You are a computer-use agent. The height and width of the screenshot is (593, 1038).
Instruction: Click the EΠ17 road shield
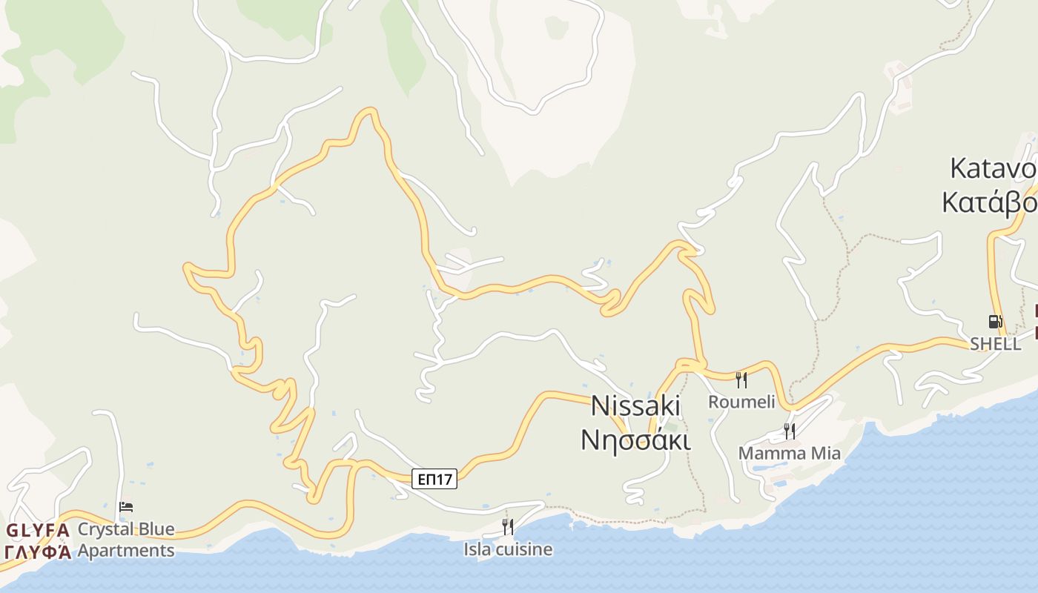434,479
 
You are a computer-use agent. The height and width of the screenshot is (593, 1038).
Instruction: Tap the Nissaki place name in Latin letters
635,405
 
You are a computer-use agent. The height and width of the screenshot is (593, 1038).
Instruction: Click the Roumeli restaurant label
741,402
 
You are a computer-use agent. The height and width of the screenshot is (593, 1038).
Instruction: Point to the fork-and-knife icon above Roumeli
741,380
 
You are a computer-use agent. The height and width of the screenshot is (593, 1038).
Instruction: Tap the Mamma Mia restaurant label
790,453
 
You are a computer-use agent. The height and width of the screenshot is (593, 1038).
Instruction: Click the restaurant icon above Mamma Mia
790,431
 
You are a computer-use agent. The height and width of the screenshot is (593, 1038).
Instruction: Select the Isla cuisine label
508,549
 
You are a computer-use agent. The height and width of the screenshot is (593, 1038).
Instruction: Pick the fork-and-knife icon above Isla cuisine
508,527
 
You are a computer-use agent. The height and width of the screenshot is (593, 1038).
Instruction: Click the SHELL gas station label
995,344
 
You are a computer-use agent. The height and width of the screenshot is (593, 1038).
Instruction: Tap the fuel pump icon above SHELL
995,321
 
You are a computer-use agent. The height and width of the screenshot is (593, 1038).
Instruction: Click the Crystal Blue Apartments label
126,540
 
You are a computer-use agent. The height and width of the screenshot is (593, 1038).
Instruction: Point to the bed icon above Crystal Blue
126,507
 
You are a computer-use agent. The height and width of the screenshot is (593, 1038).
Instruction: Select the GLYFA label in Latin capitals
38,530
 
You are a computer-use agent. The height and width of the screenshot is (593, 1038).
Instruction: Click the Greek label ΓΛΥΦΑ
38,551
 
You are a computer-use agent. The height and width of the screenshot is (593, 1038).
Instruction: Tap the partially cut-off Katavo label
994,169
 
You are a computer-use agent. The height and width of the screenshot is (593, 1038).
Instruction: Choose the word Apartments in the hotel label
126,551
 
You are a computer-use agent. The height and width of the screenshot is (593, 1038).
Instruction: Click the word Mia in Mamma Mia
824,453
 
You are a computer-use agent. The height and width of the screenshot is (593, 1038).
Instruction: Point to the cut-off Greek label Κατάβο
990,202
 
